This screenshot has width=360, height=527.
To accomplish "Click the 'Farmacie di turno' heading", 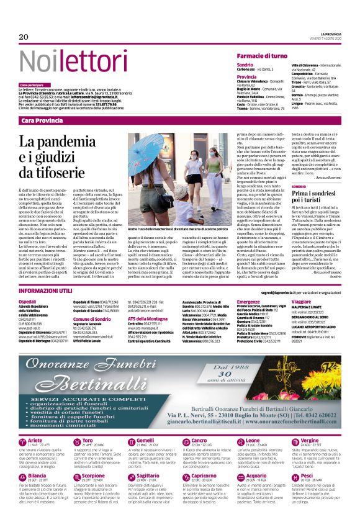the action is pos(261,56).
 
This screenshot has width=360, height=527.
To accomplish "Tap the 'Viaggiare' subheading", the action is pos(302,301).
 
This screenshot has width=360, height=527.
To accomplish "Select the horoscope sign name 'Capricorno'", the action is pos(204,475).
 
